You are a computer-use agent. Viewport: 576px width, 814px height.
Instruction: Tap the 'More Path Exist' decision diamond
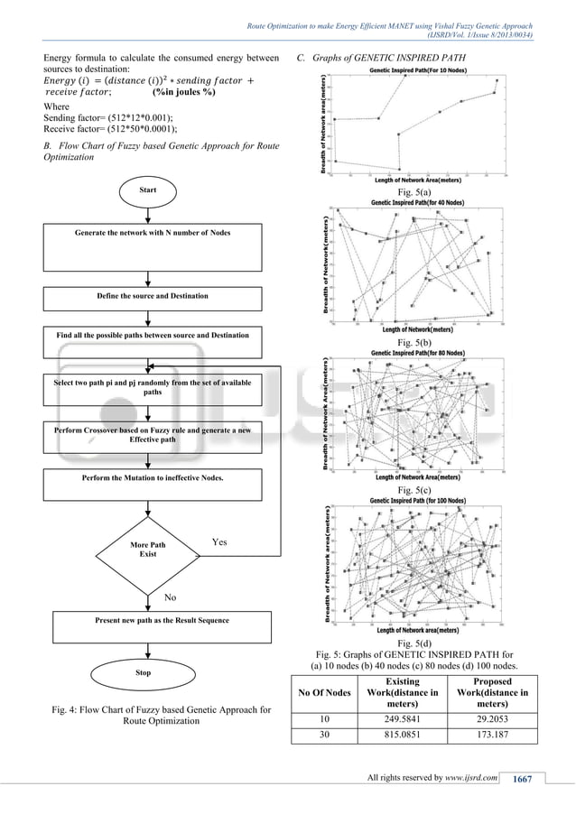(148, 550)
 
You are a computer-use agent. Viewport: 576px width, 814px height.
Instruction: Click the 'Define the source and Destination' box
(153, 296)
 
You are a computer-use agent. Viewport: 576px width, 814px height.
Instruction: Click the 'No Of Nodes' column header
(326, 692)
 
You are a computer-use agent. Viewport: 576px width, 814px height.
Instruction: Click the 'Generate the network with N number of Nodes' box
(153, 234)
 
